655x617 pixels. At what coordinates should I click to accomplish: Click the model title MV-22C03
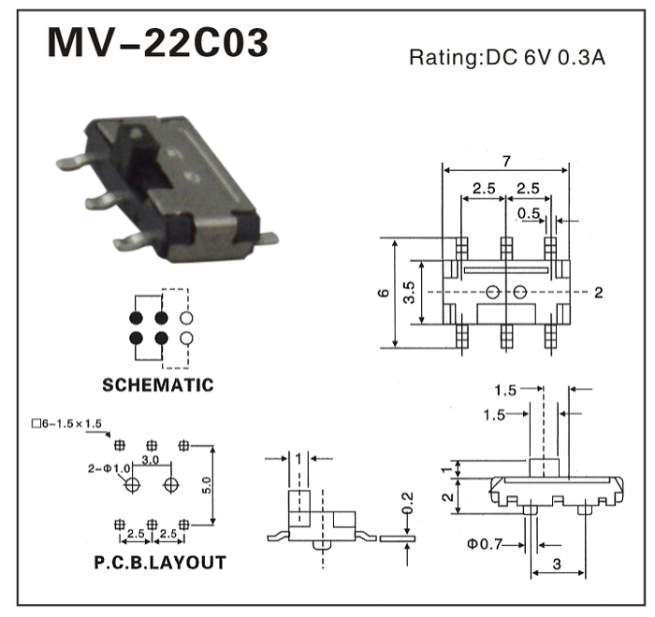click(158, 42)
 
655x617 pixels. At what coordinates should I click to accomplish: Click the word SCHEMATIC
click(157, 384)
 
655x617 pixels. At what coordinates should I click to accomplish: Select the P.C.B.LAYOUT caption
click(159, 562)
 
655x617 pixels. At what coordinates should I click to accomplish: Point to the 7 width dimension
click(505, 161)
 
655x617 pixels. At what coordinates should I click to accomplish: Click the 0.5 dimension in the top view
click(529, 213)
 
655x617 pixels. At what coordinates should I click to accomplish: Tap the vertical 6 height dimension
click(384, 294)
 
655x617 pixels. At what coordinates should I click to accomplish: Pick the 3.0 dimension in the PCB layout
click(150, 460)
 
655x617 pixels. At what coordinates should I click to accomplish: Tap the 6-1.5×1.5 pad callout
click(65, 423)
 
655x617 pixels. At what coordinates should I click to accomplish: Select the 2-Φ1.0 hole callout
click(109, 468)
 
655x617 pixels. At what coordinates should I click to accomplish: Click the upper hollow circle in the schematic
click(186, 317)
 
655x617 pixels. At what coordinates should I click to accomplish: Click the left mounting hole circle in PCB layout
click(132, 484)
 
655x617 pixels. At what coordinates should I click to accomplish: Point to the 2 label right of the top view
click(598, 293)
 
